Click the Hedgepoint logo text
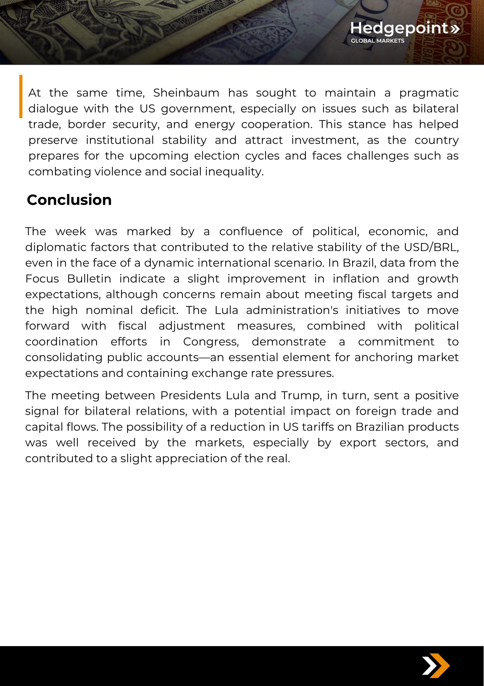399,28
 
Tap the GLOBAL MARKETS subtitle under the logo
377,41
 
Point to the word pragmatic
429,93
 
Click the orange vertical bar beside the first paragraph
21,96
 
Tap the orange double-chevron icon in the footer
436,666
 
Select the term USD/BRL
431,247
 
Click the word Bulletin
89,279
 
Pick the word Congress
211,342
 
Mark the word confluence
251,232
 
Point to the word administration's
292,310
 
